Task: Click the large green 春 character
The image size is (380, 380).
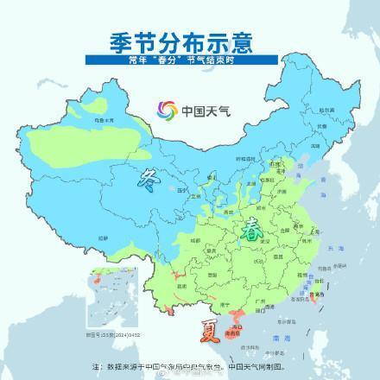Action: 251,230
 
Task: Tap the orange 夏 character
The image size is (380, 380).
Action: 211,329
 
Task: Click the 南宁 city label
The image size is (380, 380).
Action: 227,304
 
